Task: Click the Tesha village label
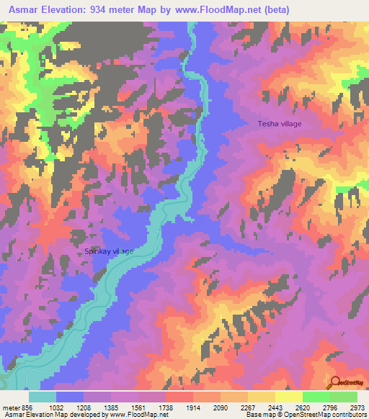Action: [280, 124]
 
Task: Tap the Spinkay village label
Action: [110, 251]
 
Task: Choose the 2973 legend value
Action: [357, 407]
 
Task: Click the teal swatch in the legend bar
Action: [43, 397]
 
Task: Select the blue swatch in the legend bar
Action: [70, 397]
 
